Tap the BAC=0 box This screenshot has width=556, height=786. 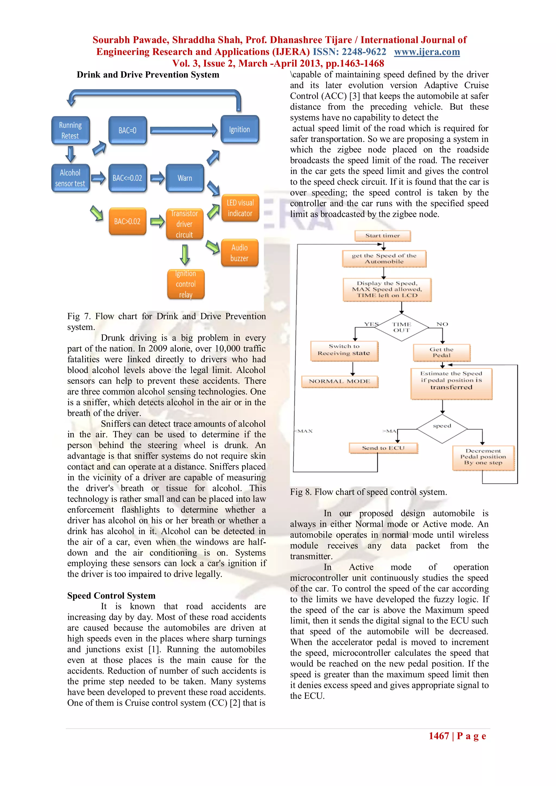[x=127, y=130]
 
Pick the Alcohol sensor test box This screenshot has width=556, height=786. [x=70, y=178]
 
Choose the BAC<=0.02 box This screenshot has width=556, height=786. [x=127, y=178]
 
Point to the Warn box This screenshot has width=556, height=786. [x=185, y=178]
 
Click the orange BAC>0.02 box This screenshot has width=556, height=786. [x=127, y=221]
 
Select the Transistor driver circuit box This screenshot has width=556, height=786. [x=185, y=224]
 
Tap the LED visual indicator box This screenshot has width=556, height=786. [x=240, y=208]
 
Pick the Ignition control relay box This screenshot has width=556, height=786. [x=186, y=284]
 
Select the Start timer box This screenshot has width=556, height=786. [x=383, y=236]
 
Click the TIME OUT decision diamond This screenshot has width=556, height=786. [x=402, y=327]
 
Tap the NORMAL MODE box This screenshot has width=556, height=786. [x=340, y=381]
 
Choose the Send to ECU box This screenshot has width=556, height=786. [x=383, y=448]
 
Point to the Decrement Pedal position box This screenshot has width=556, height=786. [x=483, y=457]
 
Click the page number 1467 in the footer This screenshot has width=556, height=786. [x=438, y=736]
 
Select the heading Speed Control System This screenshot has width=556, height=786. [x=111, y=596]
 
